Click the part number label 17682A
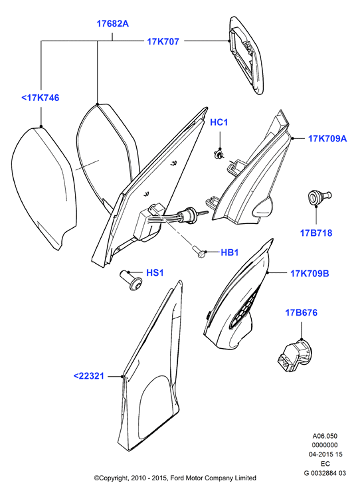tap(112, 23)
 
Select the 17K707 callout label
tap(163, 42)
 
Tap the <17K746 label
tap(40, 98)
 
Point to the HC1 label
tap(219, 122)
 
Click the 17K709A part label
tap(327, 138)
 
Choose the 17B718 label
tap(316, 233)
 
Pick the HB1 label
tap(230, 252)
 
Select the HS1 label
tap(155, 273)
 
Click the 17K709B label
tap(310, 273)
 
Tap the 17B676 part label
tap(301, 312)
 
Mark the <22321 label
tap(88, 376)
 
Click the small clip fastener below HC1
tap(219, 154)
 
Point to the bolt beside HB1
tap(199, 251)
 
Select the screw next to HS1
tap(132, 280)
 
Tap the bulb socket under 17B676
tap(294, 355)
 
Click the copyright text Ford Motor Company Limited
tap(213, 478)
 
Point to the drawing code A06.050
tap(325, 436)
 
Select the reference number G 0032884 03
tap(325, 473)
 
